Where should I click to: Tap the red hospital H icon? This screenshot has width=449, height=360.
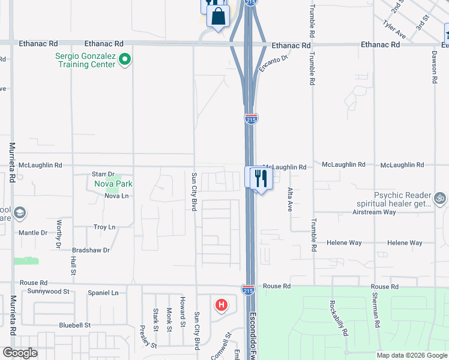221,305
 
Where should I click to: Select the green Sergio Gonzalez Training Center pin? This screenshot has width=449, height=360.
125,59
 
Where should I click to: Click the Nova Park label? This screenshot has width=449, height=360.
113,184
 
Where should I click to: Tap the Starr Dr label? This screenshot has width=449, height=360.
103,173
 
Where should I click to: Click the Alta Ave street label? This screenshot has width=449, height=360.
289,199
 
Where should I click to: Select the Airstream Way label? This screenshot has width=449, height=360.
374,212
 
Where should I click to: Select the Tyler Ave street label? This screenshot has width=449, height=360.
394,28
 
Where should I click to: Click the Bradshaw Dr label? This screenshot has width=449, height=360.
91,250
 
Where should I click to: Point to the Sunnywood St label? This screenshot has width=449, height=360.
49,291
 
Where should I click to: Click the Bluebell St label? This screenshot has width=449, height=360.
74,325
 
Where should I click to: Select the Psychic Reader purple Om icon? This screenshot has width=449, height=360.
440,197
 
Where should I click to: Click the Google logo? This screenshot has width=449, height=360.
20,353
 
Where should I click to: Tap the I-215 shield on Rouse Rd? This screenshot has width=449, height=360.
248,290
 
